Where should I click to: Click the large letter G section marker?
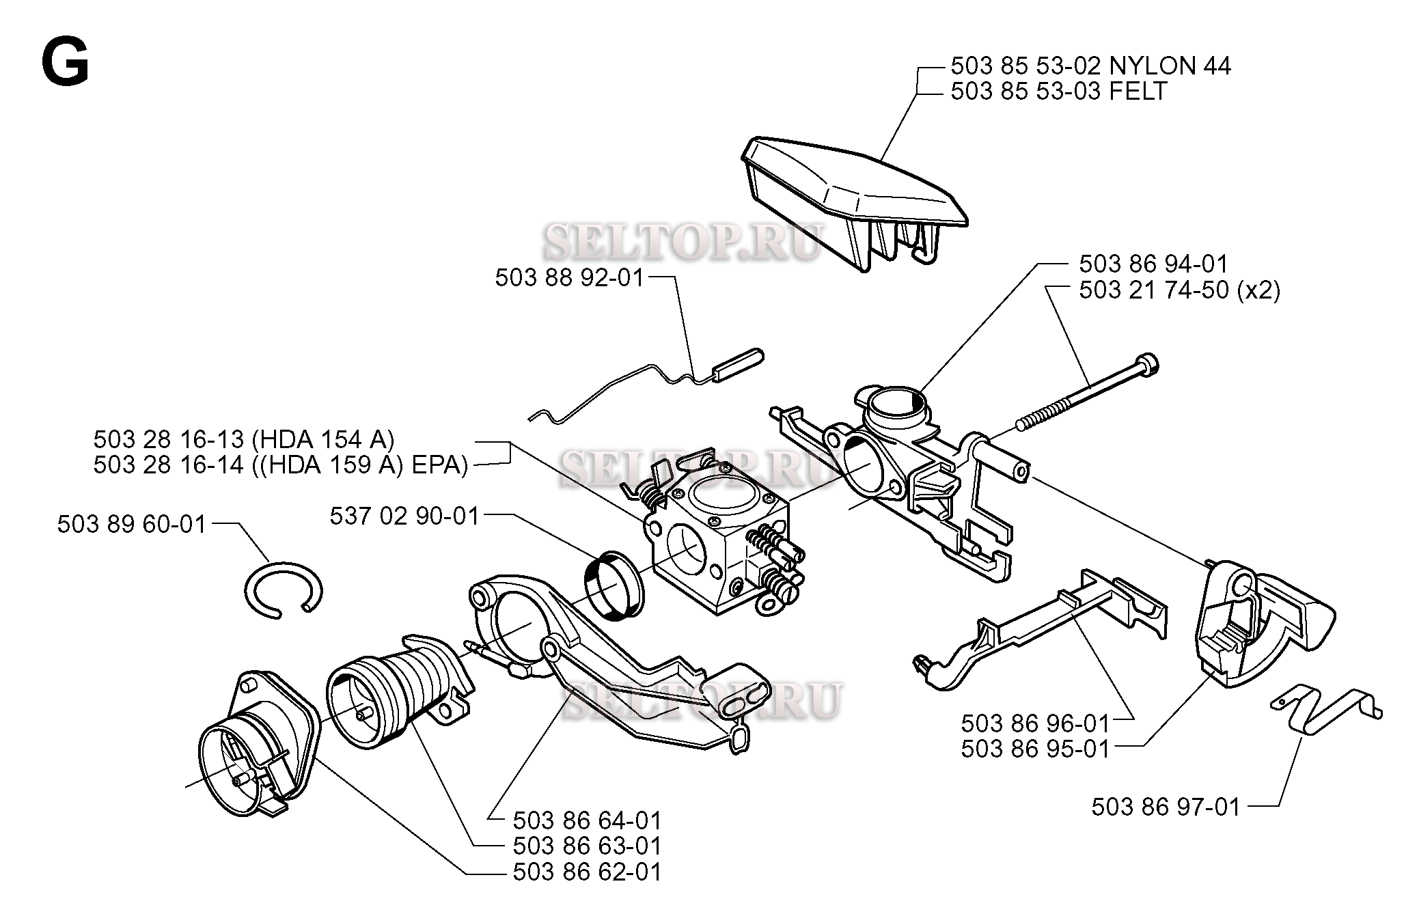[65, 61]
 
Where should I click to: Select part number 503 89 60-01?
[131, 525]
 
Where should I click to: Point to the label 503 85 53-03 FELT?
[1058, 92]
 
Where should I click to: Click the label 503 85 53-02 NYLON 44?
[1090, 66]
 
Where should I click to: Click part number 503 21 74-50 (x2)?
[1179, 290]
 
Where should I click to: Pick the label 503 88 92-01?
[570, 278]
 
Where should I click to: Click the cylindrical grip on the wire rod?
[739, 365]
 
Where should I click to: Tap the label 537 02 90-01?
[404, 516]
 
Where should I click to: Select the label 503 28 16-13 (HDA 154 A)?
[244, 439]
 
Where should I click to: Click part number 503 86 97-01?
[1165, 807]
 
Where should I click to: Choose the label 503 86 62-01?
[587, 872]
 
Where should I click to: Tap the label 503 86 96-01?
[1035, 723]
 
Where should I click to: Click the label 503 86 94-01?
[1153, 264]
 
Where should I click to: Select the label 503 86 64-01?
[587, 820]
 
